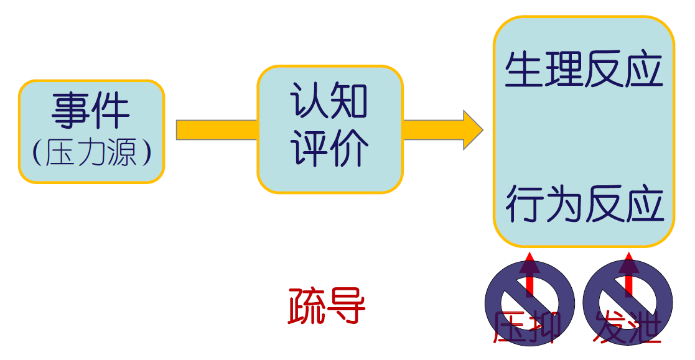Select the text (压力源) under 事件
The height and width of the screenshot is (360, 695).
[x=91, y=153]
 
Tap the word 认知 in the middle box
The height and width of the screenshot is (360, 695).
[x=329, y=101]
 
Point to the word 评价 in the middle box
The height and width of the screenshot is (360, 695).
[x=329, y=149]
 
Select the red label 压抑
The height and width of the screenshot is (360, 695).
[x=526, y=326]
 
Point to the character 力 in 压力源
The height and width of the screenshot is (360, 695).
[x=91, y=153]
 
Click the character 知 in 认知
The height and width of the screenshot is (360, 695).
[x=349, y=101]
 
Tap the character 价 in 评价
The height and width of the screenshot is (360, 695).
[x=349, y=149]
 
